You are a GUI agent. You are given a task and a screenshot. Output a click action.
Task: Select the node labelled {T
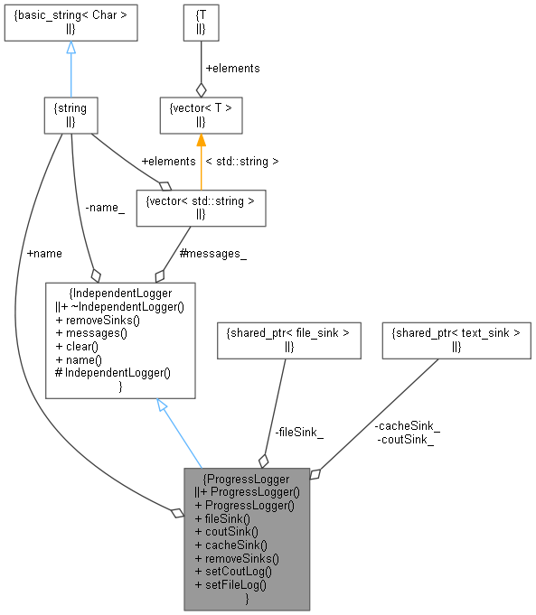coord(201,23)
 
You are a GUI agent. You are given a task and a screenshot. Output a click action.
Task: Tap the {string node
coord(71,115)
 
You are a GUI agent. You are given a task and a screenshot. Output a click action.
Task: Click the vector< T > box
coord(201,115)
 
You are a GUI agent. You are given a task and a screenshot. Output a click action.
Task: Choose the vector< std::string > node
coord(201,207)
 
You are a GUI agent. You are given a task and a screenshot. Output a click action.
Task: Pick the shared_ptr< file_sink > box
coord(285,340)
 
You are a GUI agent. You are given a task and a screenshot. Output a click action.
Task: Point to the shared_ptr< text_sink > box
coord(456,340)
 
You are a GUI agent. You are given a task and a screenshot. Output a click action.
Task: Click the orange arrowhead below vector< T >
coord(201,141)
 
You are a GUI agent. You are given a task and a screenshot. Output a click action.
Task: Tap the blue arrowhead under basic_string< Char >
coord(71,48)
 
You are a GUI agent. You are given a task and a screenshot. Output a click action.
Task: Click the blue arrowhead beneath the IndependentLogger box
coord(163,405)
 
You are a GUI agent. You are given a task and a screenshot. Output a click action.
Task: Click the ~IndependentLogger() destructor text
coord(125,306)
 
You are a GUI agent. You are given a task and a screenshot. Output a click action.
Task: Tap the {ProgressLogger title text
coord(247,479)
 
